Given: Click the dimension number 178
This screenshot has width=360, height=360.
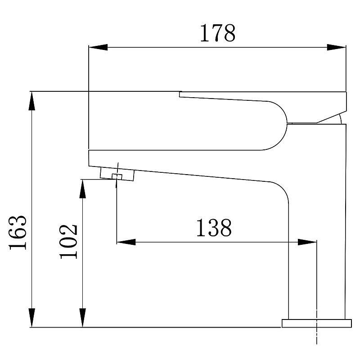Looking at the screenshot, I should tap(217, 33).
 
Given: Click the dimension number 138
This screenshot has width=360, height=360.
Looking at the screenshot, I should tap(213, 228).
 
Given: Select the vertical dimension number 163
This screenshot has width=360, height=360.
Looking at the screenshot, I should tap(19, 232).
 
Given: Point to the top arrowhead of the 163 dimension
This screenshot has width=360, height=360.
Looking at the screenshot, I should tap(31, 101).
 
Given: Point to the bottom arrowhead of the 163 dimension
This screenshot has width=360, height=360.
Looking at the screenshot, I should tap(31, 318).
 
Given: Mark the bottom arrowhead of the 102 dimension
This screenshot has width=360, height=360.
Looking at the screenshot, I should tap(83, 318).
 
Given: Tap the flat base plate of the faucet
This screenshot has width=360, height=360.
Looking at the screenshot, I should tap(316, 323).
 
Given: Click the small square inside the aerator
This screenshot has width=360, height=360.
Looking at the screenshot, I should tap(117, 175).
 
